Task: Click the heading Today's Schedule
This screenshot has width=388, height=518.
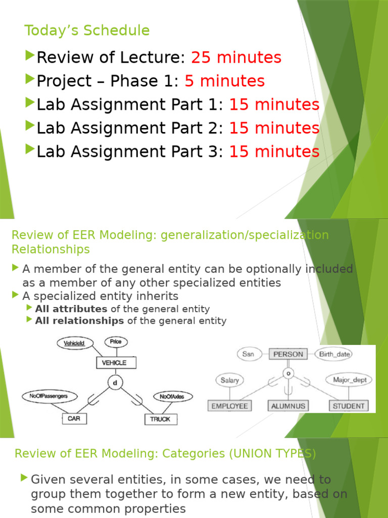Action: tap(87, 31)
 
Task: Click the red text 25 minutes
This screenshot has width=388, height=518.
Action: tap(236, 58)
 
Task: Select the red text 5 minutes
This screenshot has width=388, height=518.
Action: tap(224, 81)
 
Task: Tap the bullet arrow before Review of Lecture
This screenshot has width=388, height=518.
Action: tap(30, 57)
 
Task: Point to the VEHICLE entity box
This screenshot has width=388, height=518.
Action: tap(114, 363)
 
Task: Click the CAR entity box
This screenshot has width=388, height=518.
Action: tap(74, 418)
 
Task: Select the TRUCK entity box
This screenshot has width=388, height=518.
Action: tap(160, 419)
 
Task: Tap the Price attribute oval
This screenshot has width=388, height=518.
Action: tap(116, 342)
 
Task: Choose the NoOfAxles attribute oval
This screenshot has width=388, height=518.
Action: tap(172, 397)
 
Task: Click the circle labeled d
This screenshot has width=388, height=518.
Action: tap(115, 383)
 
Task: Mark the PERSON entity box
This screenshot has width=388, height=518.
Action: tap(288, 354)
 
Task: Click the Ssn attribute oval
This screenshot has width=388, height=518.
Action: tap(248, 354)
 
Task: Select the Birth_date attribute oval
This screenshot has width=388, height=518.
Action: tap(334, 354)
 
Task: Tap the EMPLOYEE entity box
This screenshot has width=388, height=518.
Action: tap(229, 406)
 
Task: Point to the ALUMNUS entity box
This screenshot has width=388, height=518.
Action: tap(287, 406)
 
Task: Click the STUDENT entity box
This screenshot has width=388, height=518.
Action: tap(348, 406)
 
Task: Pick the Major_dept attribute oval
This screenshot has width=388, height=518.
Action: tap(352, 379)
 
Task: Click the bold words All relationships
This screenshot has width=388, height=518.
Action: tap(79, 321)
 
